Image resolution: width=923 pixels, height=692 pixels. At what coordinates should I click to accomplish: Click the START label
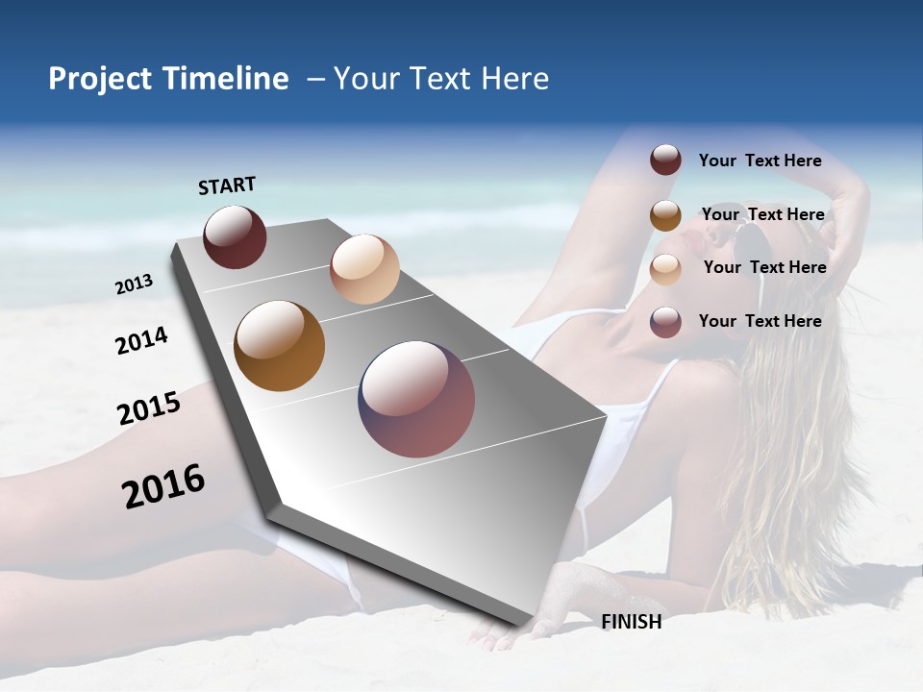tap(227, 185)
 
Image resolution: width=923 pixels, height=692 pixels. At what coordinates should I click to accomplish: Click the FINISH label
tap(632, 622)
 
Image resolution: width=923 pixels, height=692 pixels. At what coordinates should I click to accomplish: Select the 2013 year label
tap(135, 284)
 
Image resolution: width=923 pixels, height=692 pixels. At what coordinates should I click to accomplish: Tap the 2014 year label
tap(141, 340)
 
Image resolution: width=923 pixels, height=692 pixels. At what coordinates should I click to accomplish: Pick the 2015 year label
tap(149, 408)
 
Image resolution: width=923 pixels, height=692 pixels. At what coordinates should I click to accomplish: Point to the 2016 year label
tap(163, 485)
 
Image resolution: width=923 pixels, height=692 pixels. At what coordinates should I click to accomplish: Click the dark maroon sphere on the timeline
tap(235, 236)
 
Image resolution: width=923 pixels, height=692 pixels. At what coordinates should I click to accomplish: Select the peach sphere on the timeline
tap(364, 269)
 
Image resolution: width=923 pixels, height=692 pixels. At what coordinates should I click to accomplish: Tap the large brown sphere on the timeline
tap(280, 346)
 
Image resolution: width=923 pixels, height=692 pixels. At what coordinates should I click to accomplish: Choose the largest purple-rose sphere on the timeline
tap(416, 399)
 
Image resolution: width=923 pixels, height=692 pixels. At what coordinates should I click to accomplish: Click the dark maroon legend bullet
tap(665, 160)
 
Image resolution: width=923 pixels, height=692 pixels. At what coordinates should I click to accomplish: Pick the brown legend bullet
tap(665, 215)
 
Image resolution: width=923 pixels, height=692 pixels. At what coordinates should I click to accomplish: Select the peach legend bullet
tap(665, 269)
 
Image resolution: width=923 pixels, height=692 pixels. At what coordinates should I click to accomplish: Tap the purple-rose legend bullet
tap(665, 322)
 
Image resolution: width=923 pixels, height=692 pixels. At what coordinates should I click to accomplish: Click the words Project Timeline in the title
tap(168, 79)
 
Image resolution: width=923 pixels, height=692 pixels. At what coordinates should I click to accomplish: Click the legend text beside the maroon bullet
tap(760, 161)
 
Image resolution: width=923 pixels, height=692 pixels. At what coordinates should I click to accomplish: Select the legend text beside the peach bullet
tap(764, 267)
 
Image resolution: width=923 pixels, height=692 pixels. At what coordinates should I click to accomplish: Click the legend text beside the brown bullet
tap(762, 214)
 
